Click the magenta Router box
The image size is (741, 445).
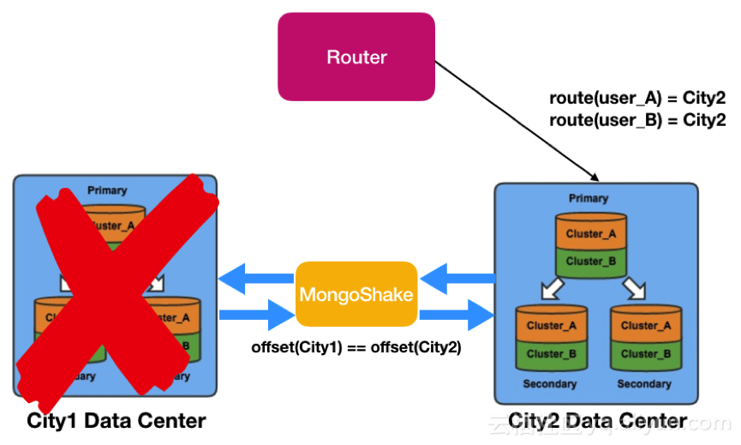coord(356,57)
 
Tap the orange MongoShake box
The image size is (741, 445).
coord(356,294)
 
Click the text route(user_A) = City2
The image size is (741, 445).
coord(637,99)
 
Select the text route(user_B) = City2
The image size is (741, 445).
coord(637,120)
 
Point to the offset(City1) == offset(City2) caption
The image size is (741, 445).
coord(356,348)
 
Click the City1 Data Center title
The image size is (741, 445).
coord(117,421)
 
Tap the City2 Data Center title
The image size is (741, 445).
coord(597,421)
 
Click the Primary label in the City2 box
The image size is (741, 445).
coord(588,198)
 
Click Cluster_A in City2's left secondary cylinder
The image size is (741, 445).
coord(550,326)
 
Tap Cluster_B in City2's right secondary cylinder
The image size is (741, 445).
coord(644,353)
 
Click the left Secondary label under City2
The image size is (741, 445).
coord(550,384)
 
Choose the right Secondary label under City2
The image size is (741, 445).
coord(644,384)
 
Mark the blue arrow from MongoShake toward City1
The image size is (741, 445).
coord(255,278)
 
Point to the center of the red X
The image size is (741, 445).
coord(116,287)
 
